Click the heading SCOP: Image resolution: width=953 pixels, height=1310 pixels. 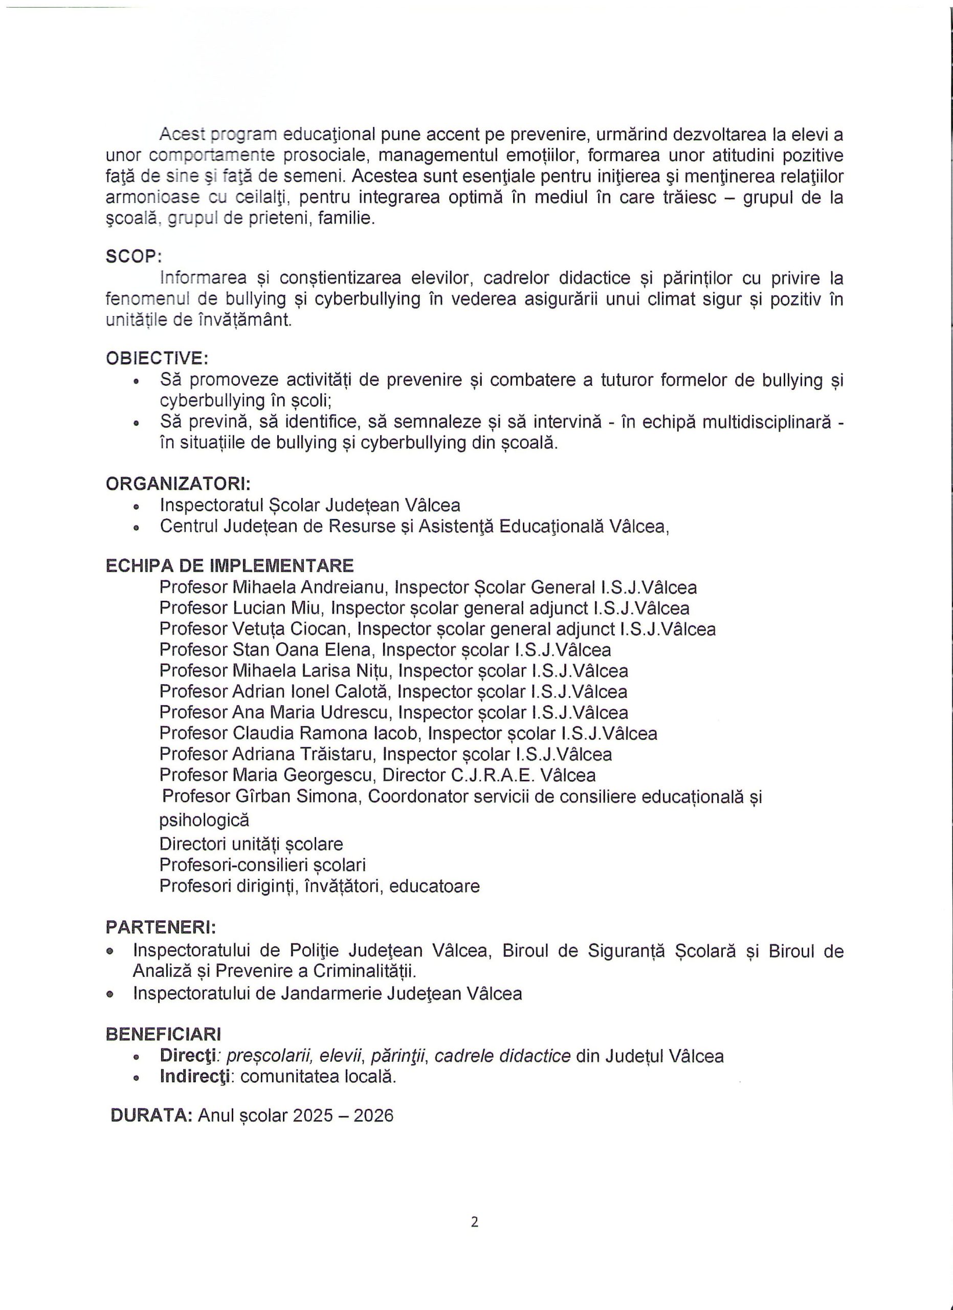click(x=134, y=256)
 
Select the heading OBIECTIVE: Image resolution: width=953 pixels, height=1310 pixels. click(x=157, y=358)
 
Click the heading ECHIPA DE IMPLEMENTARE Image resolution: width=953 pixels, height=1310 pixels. click(x=230, y=565)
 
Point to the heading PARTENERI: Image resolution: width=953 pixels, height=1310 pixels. click(x=161, y=928)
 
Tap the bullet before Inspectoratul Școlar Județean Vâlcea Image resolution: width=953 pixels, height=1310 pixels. click(x=136, y=507)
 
